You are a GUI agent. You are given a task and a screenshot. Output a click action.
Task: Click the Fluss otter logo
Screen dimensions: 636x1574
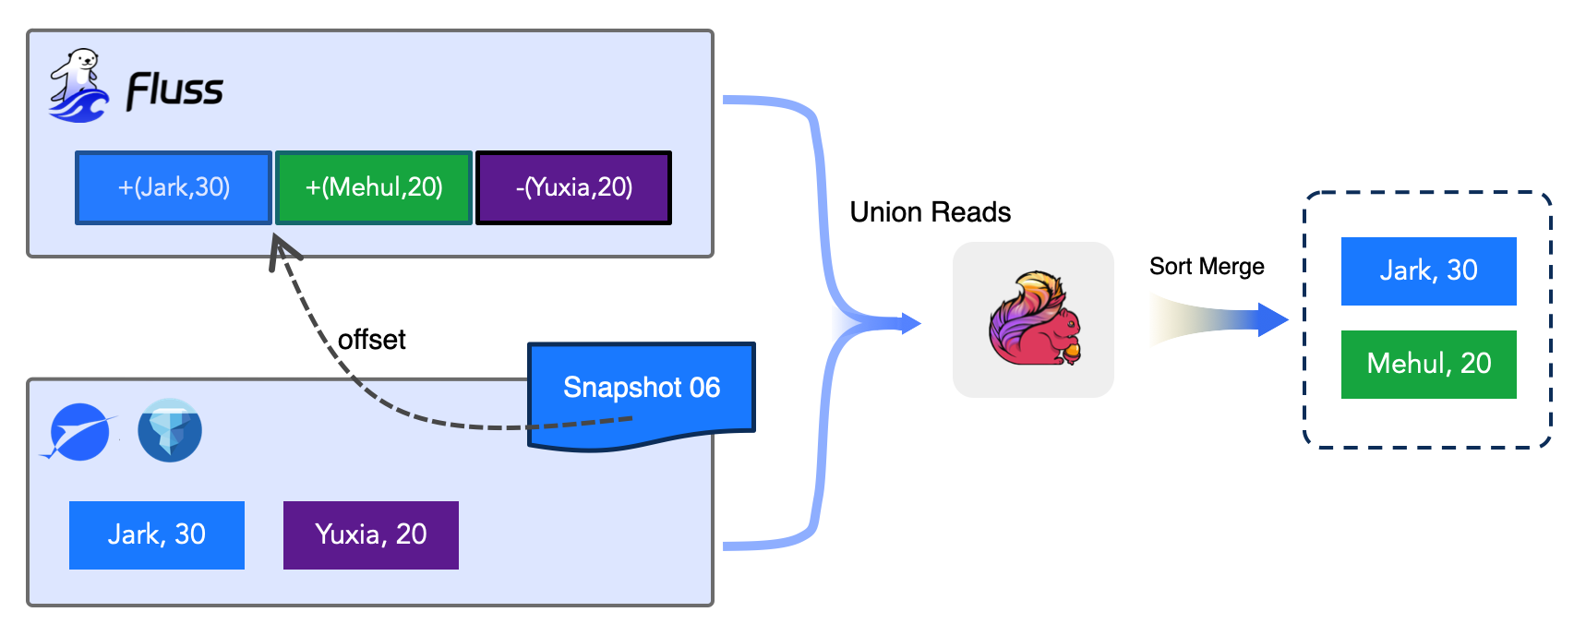point(78,87)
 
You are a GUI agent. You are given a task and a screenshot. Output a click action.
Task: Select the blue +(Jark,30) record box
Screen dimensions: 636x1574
point(174,188)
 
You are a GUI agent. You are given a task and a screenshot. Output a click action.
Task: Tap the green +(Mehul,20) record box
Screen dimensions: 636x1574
point(374,188)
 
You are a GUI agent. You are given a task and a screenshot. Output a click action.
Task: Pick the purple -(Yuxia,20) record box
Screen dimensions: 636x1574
point(573,188)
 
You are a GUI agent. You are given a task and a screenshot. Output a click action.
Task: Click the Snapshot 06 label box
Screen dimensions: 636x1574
point(642,388)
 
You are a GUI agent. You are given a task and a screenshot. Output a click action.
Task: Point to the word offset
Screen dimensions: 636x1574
point(371,340)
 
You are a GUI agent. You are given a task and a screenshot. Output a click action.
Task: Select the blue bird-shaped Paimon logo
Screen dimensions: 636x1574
point(78,432)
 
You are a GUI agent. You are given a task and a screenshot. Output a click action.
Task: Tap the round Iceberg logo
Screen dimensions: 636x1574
point(170,430)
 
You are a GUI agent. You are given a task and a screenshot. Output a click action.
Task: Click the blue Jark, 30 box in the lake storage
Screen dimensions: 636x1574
point(157,535)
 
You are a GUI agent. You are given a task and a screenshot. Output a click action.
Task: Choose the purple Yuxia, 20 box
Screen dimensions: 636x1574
point(370,535)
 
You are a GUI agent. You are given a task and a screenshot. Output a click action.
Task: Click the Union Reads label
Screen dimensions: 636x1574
point(930,212)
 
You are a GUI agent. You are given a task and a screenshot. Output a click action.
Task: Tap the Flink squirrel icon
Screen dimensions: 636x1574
point(1033,319)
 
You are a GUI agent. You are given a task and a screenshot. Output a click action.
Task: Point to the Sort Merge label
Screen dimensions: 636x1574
point(1207,267)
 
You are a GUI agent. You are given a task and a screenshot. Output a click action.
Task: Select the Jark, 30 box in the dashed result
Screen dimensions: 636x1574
point(1428,271)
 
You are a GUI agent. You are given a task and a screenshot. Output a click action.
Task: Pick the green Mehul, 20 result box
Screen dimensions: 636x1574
point(1428,365)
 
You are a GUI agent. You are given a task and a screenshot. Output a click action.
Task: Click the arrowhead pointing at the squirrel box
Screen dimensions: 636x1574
point(910,323)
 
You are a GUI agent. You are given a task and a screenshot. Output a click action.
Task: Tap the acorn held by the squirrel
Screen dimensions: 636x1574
point(1071,351)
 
